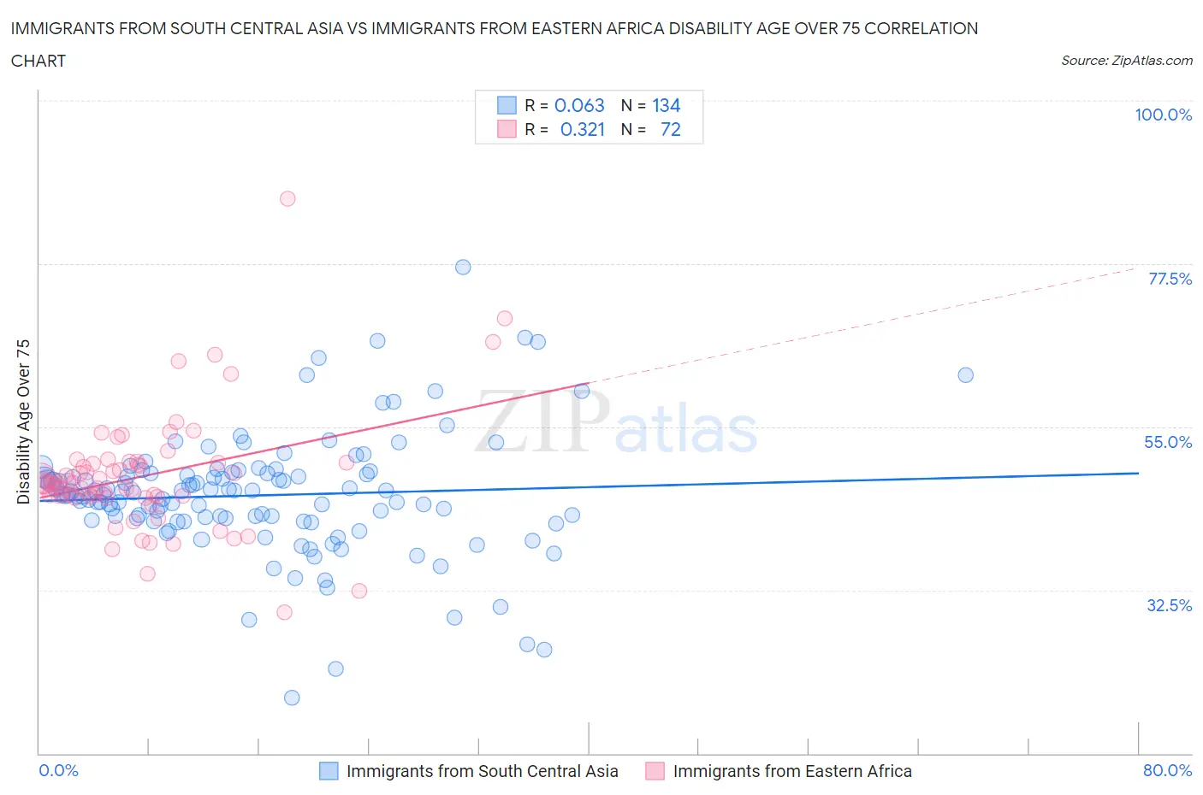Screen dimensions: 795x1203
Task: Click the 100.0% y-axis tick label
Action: (x=1163, y=115)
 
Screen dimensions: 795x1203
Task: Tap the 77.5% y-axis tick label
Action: (x=1170, y=279)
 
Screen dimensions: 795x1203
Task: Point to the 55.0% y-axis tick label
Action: (x=1168, y=442)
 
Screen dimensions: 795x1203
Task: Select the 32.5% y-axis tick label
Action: (x=1169, y=605)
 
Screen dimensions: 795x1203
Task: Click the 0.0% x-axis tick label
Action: (x=58, y=770)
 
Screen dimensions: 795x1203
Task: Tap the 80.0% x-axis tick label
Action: (x=1167, y=770)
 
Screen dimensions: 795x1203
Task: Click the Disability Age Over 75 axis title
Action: (x=24, y=421)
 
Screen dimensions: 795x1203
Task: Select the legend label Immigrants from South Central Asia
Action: (x=482, y=771)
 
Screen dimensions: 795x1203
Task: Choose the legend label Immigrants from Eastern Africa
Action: (x=792, y=771)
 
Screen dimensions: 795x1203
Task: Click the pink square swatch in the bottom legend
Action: (x=655, y=771)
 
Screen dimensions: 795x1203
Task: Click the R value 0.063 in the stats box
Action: (x=579, y=105)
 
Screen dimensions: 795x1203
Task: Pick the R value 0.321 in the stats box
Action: (x=582, y=129)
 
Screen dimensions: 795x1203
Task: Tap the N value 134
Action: (x=666, y=105)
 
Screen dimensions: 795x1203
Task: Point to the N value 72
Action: (x=670, y=129)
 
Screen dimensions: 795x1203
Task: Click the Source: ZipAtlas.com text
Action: (x=1126, y=60)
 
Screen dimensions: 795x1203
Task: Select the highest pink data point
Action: (x=287, y=198)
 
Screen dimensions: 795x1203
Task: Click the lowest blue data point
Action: (x=292, y=698)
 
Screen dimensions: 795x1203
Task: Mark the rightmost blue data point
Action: (x=965, y=374)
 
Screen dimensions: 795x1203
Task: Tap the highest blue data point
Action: (x=463, y=267)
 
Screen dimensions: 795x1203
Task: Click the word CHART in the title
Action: (x=39, y=61)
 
